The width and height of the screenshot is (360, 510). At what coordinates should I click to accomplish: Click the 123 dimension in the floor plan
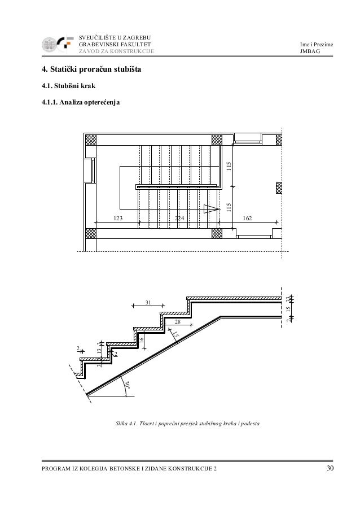[118, 217]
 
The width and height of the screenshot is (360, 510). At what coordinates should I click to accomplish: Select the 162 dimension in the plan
[248, 217]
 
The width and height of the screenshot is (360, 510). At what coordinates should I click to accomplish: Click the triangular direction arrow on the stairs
[211, 208]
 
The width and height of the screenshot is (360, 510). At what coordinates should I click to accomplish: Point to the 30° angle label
[129, 385]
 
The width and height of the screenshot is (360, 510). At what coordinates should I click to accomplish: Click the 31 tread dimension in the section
[149, 303]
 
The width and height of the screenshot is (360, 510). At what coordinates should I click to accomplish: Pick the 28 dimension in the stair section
[177, 321]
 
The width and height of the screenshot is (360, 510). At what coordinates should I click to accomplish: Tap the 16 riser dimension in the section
[142, 338]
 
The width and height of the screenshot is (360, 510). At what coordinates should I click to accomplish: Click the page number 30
[330, 469]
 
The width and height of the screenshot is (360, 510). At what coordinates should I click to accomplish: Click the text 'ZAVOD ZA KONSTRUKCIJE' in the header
[115, 53]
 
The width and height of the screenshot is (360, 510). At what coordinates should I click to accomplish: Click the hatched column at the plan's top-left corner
[90, 140]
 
